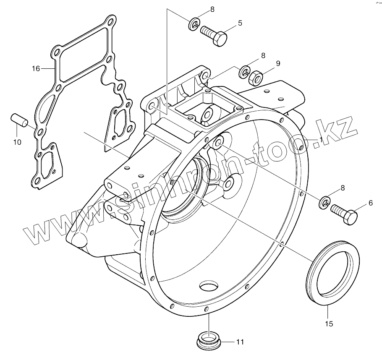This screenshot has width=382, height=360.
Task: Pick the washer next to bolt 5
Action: pos(194,24)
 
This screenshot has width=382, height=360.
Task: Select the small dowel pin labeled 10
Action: pos(19,119)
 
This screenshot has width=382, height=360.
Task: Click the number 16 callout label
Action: pos(36,68)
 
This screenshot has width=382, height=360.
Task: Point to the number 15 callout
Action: pos(329,323)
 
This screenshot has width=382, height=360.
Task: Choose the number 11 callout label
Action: pos(240,342)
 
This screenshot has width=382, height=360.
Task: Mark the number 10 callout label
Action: pos(17,142)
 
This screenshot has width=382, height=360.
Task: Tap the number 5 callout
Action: pos(240,23)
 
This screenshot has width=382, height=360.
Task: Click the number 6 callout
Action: pos(370,203)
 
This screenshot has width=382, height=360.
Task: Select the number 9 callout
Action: pos(277,63)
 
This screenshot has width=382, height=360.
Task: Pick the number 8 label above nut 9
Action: pos(263,55)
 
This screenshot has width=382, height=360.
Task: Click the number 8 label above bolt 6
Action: pos(343,188)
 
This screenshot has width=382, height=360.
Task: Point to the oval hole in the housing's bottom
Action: pos(208,287)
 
